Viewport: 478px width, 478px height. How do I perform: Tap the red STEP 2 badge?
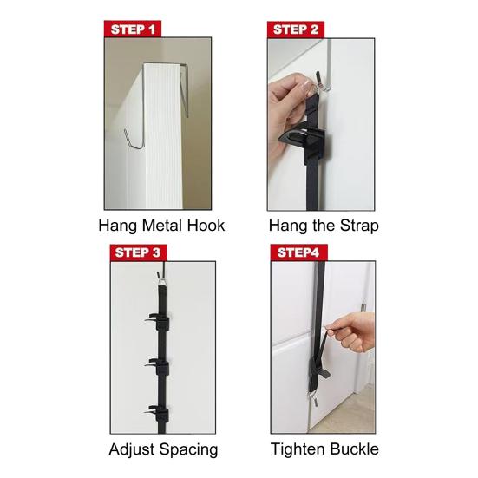click(x=297, y=29)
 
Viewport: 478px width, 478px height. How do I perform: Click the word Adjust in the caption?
click(x=135, y=449)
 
